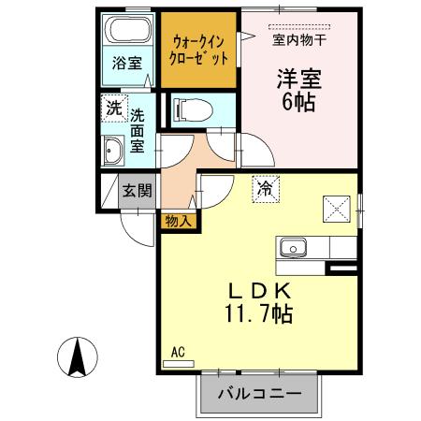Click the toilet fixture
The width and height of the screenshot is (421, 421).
[x=188, y=110]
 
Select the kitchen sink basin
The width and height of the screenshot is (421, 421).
[x=291, y=248]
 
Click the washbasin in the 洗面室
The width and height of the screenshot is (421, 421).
[x=113, y=149]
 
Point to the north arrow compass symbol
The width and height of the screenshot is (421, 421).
[x=78, y=355]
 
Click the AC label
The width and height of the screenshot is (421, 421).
[x=179, y=352]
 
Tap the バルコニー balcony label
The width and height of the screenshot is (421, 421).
[x=259, y=394]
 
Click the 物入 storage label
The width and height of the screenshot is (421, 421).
[x=178, y=221]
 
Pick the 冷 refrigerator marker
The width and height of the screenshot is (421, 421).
[x=265, y=188]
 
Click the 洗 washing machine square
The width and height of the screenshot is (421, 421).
[x=113, y=108]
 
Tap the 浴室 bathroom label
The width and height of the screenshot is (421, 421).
[x=128, y=64]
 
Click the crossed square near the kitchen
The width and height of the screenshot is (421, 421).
[x=334, y=206]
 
